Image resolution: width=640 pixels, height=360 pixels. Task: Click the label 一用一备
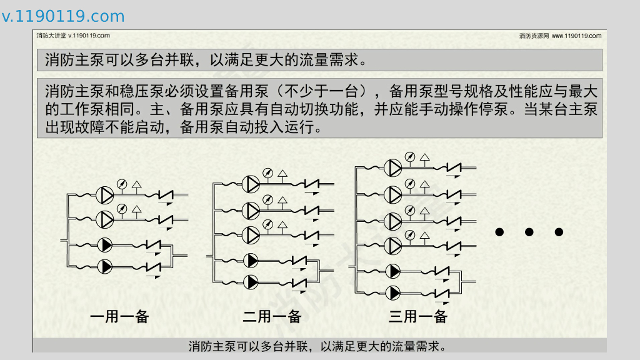click(x=119, y=316)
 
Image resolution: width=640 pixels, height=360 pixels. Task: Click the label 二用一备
click(x=272, y=316)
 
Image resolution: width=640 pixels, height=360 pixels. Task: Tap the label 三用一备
click(x=418, y=316)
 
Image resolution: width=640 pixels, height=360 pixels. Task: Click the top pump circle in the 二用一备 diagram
click(x=251, y=184)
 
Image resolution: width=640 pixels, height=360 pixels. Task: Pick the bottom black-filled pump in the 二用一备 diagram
click(x=251, y=282)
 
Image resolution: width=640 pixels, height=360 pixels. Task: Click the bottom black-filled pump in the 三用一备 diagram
click(x=394, y=292)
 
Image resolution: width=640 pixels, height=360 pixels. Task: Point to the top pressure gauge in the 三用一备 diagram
click(x=409, y=156)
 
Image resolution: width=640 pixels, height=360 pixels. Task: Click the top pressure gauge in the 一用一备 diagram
click(x=122, y=184)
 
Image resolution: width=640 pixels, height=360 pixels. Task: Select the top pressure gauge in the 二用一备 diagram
click(x=267, y=172)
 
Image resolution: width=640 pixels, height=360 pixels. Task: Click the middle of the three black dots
click(x=529, y=232)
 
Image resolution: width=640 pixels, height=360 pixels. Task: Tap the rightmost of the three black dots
click(x=559, y=232)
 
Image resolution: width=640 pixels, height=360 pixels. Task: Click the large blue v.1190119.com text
click(x=63, y=17)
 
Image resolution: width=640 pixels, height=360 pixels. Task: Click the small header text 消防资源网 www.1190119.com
click(x=560, y=36)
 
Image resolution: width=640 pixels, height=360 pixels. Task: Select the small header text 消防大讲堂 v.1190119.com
click(x=73, y=36)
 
